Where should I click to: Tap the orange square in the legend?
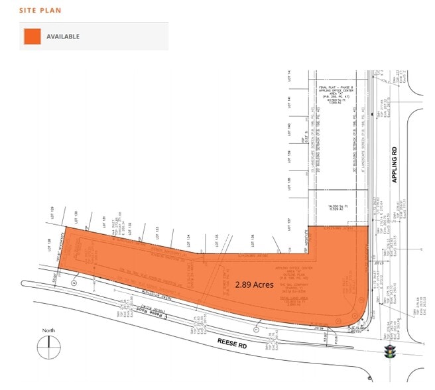point(31,36)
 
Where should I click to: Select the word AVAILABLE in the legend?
point(63,36)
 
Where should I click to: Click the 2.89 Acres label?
point(254,284)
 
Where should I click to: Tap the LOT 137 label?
point(290,224)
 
